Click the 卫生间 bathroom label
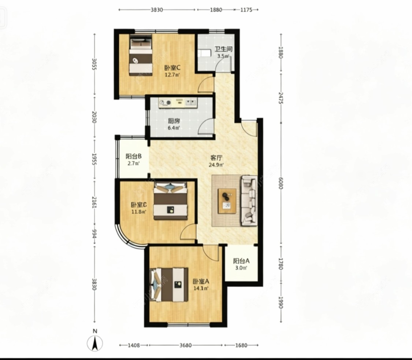223,49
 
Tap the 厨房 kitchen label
174,121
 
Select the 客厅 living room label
216,158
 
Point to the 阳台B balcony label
133,156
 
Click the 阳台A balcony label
241,261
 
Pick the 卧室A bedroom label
201,282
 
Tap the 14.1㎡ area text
201,288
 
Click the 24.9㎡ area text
216,165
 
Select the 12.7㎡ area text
172,75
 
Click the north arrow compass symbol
95,343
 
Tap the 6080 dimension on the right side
281,183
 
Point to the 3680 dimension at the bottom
186,345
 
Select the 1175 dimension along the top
246,10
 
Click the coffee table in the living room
227,201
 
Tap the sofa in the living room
249,201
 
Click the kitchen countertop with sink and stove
178,103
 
